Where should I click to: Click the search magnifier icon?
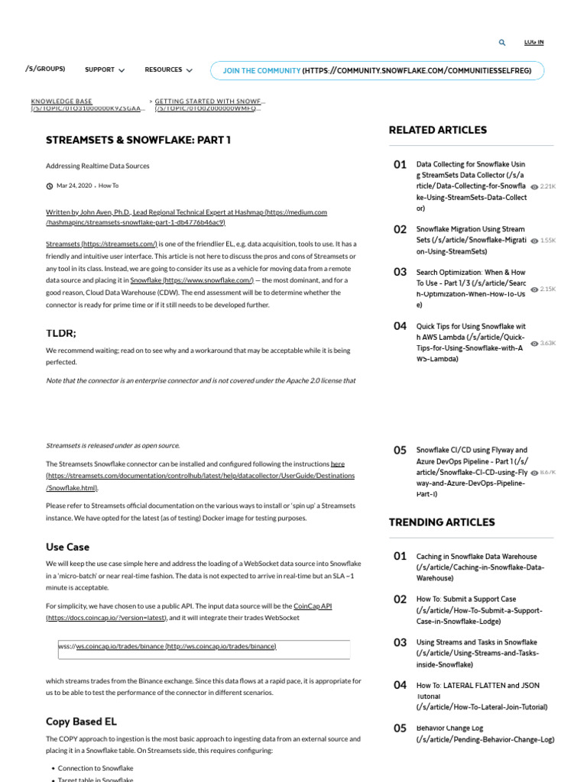coord(501,43)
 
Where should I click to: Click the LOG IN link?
coord(534,42)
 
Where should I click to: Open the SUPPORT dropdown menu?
coord(105,70)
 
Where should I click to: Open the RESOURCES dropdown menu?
coord(168,70)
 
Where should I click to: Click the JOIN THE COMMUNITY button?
coord(378,71)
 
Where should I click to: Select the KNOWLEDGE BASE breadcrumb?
coord(61,101)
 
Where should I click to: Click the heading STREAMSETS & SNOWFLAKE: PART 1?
coord(138,140)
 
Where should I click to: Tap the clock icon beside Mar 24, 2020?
coord(50,186)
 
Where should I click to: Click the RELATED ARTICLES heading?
coord(437,130)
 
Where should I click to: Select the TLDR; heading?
coord(61,332)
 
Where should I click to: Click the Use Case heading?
coord(67,547)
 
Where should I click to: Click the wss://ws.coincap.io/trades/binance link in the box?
coord(167,646)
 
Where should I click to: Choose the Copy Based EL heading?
coord(79,722)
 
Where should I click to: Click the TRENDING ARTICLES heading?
coord(442,522)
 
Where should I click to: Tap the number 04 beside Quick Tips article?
coord(400,326)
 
